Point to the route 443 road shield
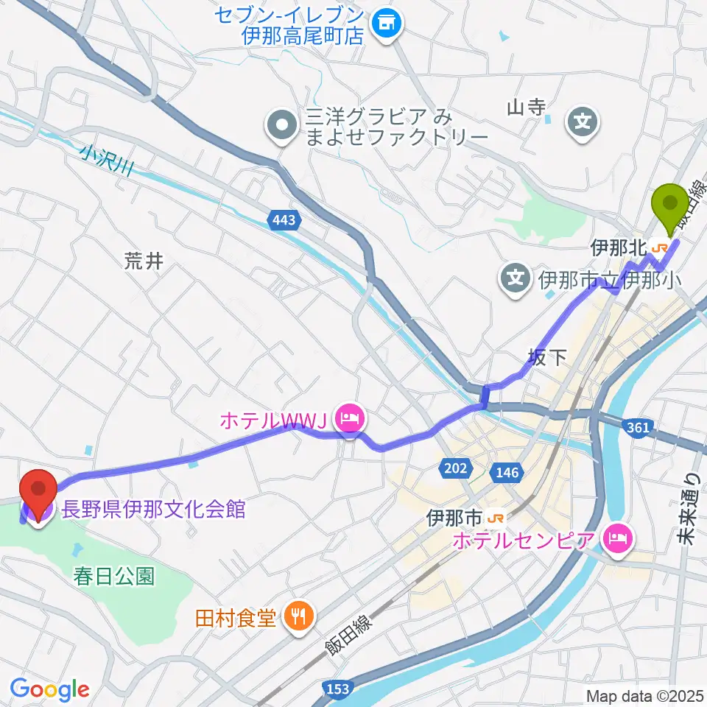tap(284, 220)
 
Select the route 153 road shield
tap(336, 688)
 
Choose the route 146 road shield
tap(508, 472)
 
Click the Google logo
tap(49, 689)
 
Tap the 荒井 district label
tap(143, 261)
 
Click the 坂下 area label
tap(548, 358)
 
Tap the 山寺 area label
tap(527, 108)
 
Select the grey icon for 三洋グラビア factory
tap(281, 127)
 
